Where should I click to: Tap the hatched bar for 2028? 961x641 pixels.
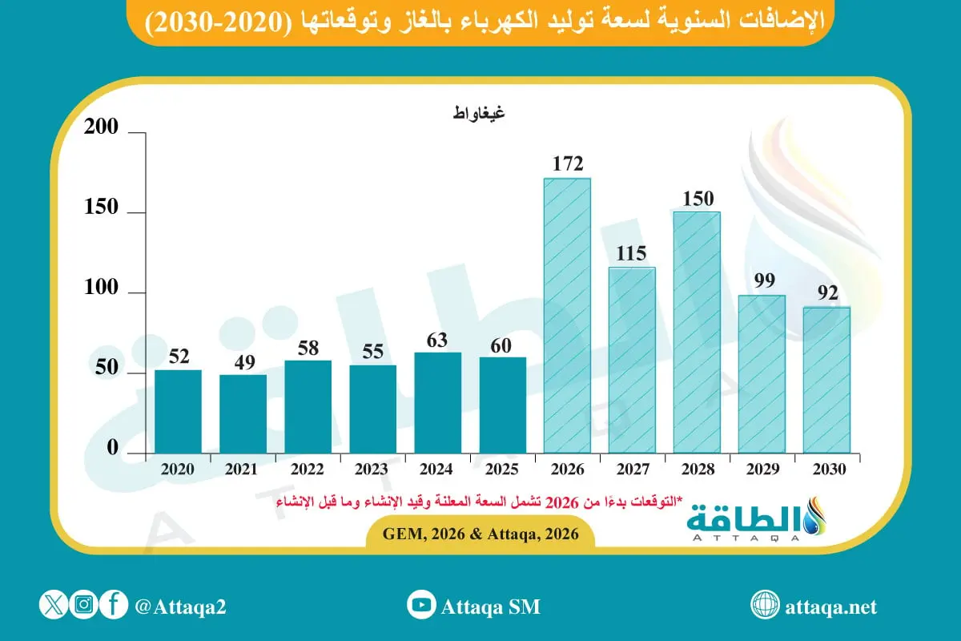(697, 332)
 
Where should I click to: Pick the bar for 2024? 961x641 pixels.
(438, 402)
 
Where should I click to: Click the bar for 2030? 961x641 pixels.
(826, 380)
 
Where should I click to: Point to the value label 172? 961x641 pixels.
(567, 164)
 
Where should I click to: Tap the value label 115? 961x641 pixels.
(632, 253)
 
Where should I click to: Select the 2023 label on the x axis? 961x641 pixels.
(372, 470)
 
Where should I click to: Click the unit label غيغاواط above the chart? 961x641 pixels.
(478, 113)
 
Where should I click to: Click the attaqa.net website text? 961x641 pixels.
(830, 607)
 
